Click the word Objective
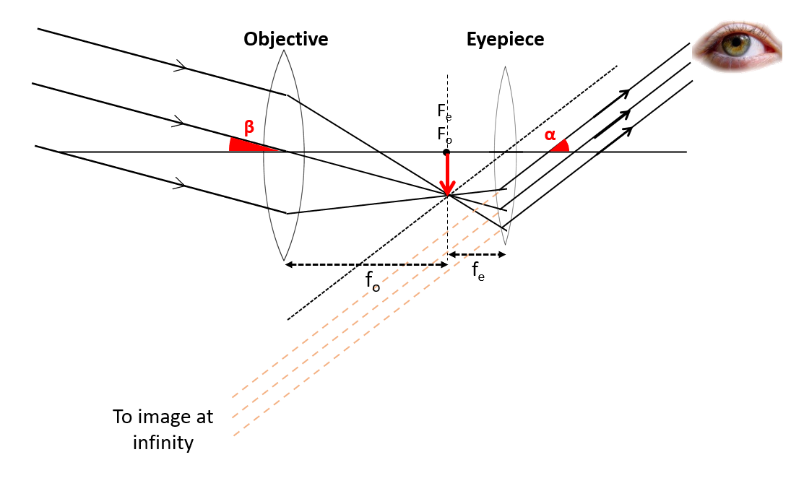pos(285,39)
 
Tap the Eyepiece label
pos(505,39)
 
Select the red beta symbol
pos(249,128)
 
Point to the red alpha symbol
pos(550,135)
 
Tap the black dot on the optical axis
pos(446,152)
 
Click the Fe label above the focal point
pos(444,112)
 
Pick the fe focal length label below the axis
pos(478,272)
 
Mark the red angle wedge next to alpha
pos(561,147)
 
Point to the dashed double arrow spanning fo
pos(366,265)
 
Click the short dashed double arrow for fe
pos(477,254)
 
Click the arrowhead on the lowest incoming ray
pos(181,185)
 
